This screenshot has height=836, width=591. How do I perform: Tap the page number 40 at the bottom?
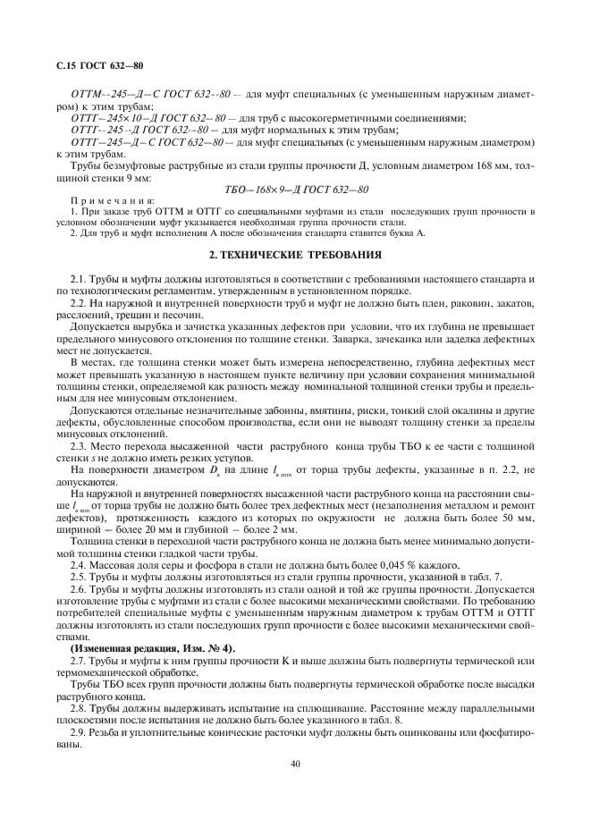tap(295, 764)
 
